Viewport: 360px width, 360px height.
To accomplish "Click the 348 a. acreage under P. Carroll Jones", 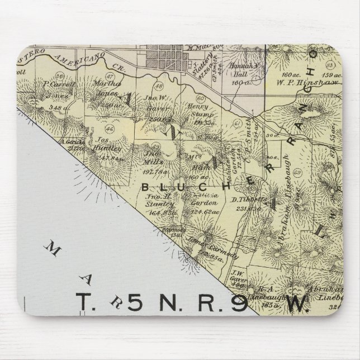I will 55,107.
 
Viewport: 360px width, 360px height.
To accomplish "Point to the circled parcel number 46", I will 109,129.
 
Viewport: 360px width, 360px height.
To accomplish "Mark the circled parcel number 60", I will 200,99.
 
